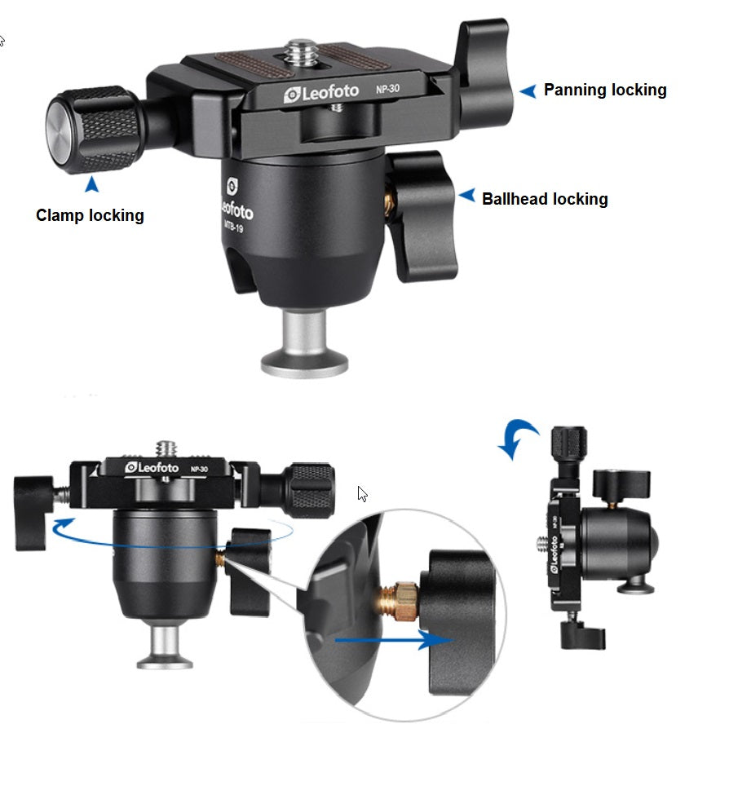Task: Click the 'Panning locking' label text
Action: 605,90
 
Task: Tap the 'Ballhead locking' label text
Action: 545,199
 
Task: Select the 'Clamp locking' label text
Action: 90,215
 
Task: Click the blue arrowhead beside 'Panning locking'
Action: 528,91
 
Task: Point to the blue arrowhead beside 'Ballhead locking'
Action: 467,195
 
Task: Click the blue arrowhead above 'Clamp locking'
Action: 92,184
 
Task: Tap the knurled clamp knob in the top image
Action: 95,130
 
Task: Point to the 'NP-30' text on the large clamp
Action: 387,89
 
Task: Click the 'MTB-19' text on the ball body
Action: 233,226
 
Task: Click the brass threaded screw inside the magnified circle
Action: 400,602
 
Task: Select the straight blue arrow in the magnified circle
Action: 393,640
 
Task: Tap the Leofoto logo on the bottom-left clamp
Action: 152,467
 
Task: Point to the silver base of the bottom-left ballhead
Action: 165,647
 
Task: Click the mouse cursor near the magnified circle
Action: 362,494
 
